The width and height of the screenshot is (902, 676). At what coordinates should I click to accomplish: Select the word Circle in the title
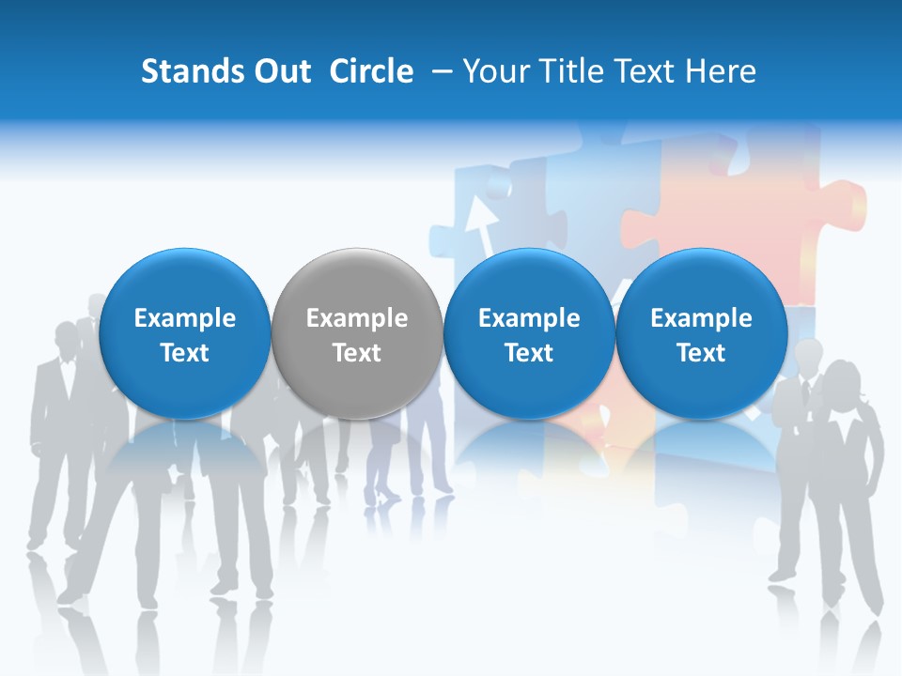pos(371,71)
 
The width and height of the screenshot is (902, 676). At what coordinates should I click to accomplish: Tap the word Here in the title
pos(723,71)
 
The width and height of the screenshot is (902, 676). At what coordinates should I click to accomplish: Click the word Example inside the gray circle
pos(357,318)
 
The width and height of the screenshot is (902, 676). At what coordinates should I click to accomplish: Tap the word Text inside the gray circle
pos(357,353)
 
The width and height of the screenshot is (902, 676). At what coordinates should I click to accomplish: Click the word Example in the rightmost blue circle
pos(701,318)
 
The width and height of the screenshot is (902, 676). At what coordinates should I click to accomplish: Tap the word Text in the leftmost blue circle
pos(185,353)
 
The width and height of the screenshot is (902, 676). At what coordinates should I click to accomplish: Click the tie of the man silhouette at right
pos(807,394)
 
